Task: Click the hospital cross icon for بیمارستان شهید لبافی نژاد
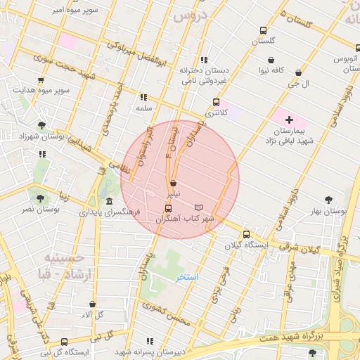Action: click(x=288, y=120)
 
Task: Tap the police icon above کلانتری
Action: click(x=216, y=102)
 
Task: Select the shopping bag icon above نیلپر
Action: click(x=173, y=183)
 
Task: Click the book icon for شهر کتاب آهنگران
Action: click(x=198, y=207)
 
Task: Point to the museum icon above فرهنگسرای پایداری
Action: click(x=109, y=202)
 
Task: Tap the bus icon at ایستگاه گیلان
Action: click(x=245, y=235)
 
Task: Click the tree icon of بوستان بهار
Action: click(x=328, y=200)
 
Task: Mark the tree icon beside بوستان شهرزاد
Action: click(x=42, y=125)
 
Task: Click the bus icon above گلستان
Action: click(x=263, y=31)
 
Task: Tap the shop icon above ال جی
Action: click(x=299, y=72)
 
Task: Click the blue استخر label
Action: click(x=188, y=277)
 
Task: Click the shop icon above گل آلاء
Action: click(x=92, y=304)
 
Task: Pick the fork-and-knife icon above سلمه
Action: click(x=144, y=98)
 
